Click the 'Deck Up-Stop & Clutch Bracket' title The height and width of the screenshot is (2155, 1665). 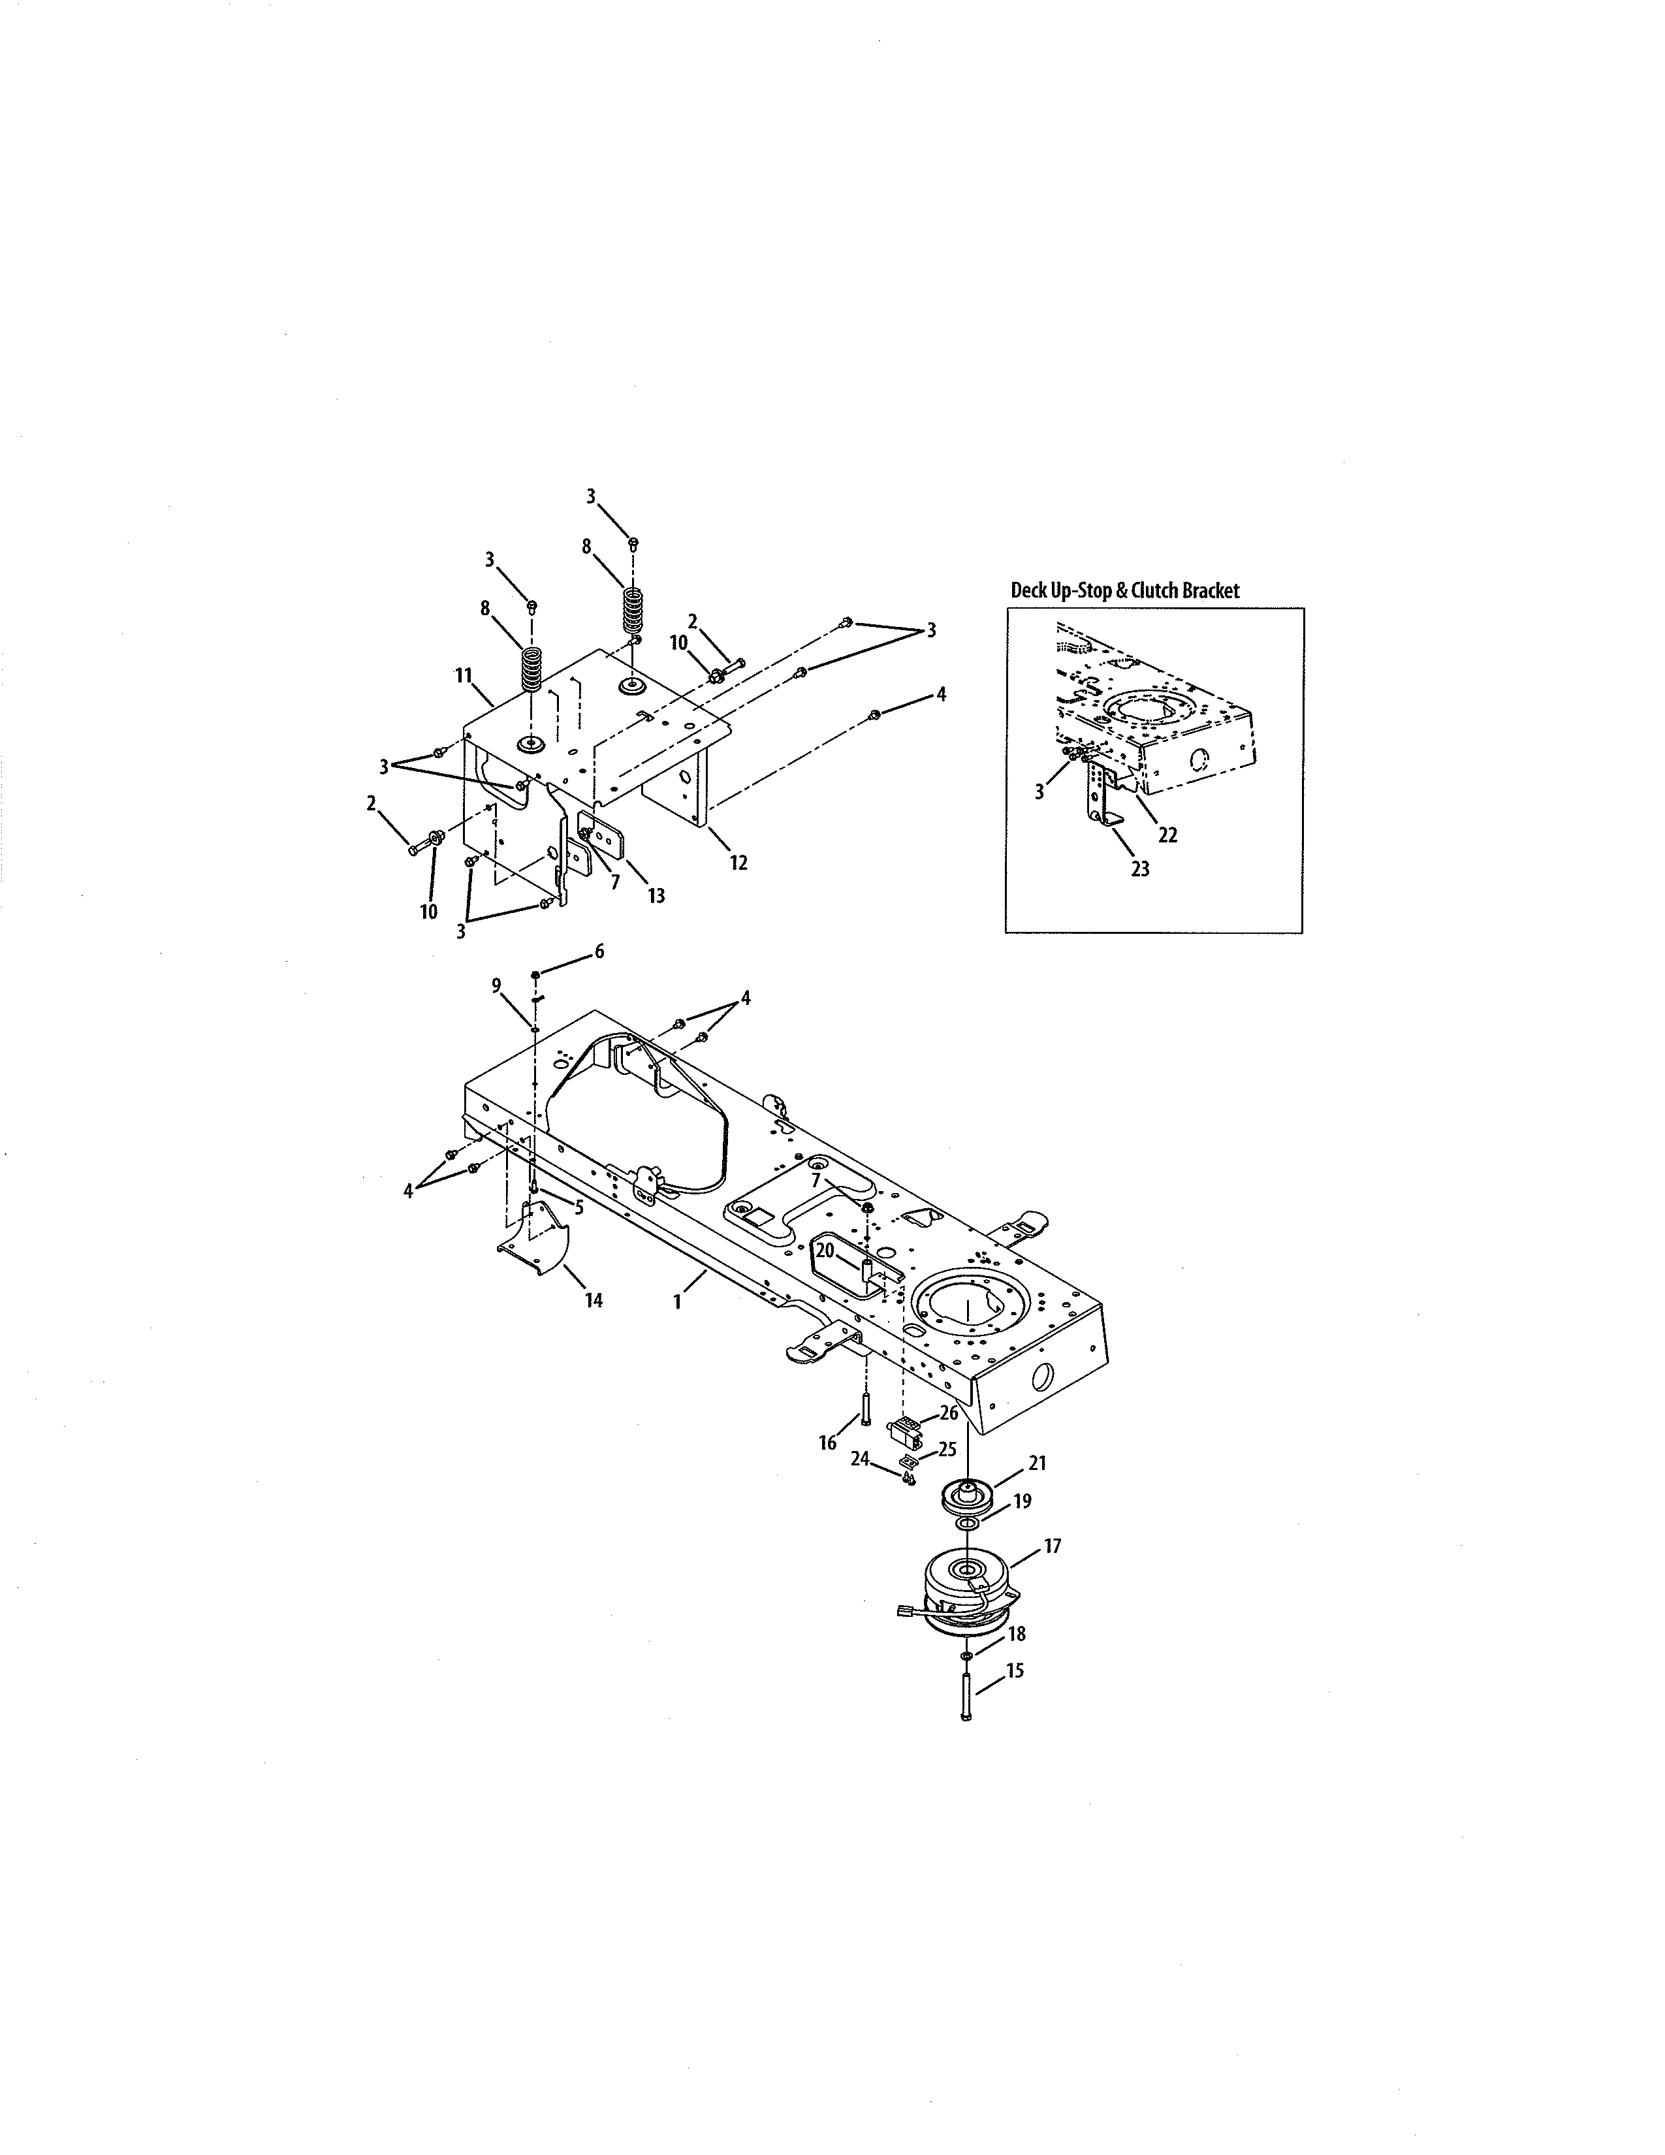click(1124, 590)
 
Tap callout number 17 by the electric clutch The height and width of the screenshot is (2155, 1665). click(1053, 1546)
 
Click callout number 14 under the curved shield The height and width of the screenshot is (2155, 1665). click(593, 1300)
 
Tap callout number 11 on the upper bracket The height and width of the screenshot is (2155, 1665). click(464, 675)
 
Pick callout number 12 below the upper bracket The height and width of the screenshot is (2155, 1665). click(738, 863)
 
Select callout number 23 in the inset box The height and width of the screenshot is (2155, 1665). click(1140, 869)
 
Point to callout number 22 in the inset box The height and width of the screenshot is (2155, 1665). click(1168, 835)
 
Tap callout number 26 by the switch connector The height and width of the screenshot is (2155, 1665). click(948, 1413)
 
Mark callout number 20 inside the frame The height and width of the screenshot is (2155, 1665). click(825, 1250)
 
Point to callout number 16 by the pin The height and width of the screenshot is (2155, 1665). click(827, 1443)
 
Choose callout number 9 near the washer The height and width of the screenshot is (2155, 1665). click(496, 985)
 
